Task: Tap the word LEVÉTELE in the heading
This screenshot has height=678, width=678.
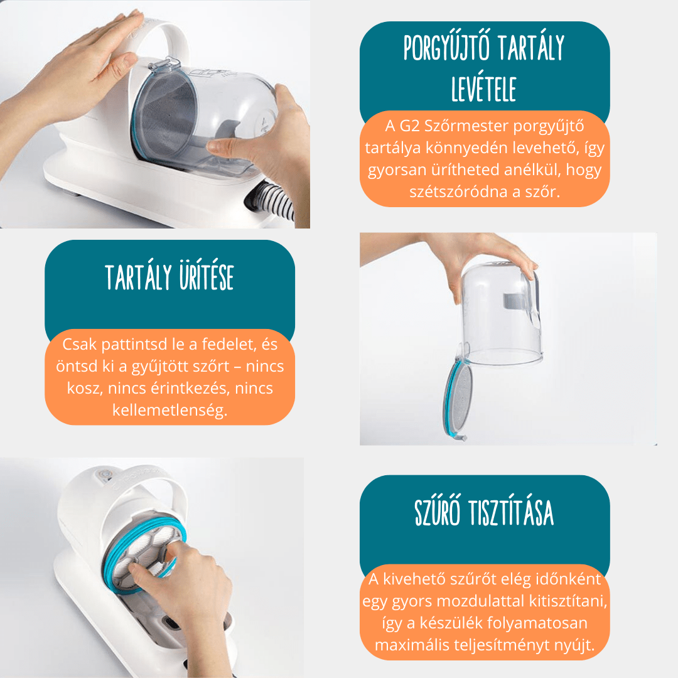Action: point(484,89)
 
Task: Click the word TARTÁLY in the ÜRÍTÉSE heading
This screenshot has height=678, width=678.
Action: point(139,277)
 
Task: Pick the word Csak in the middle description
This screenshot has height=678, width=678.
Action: point(80,344)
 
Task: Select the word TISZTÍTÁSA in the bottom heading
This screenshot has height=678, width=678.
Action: point(512,512)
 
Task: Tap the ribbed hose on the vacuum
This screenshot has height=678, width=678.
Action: point(272,200)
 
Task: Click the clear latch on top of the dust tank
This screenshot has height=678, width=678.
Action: point(164,64)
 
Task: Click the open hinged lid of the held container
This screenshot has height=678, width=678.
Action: point(456,401)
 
